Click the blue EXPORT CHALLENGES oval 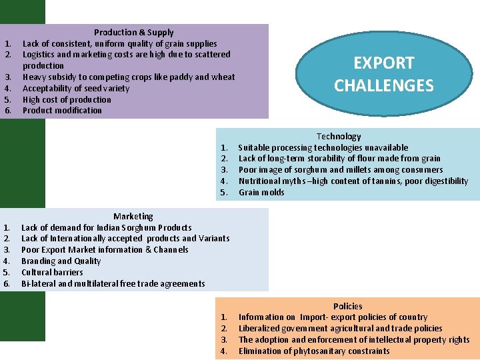[383, 74]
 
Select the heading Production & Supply [133, 32]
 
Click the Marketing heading [133, 216]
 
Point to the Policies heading [348, 306]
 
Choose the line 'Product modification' [62, 111]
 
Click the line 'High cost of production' [67, 99]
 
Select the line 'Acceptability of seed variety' [76, 88]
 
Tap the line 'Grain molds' [261, 192]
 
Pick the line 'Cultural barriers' [52, 272]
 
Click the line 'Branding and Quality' [61, 261]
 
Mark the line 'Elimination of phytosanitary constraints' [314, 351]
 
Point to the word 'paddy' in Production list [179, 77]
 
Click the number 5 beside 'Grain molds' [224, 192]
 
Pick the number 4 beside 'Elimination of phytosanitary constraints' [224, 351]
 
